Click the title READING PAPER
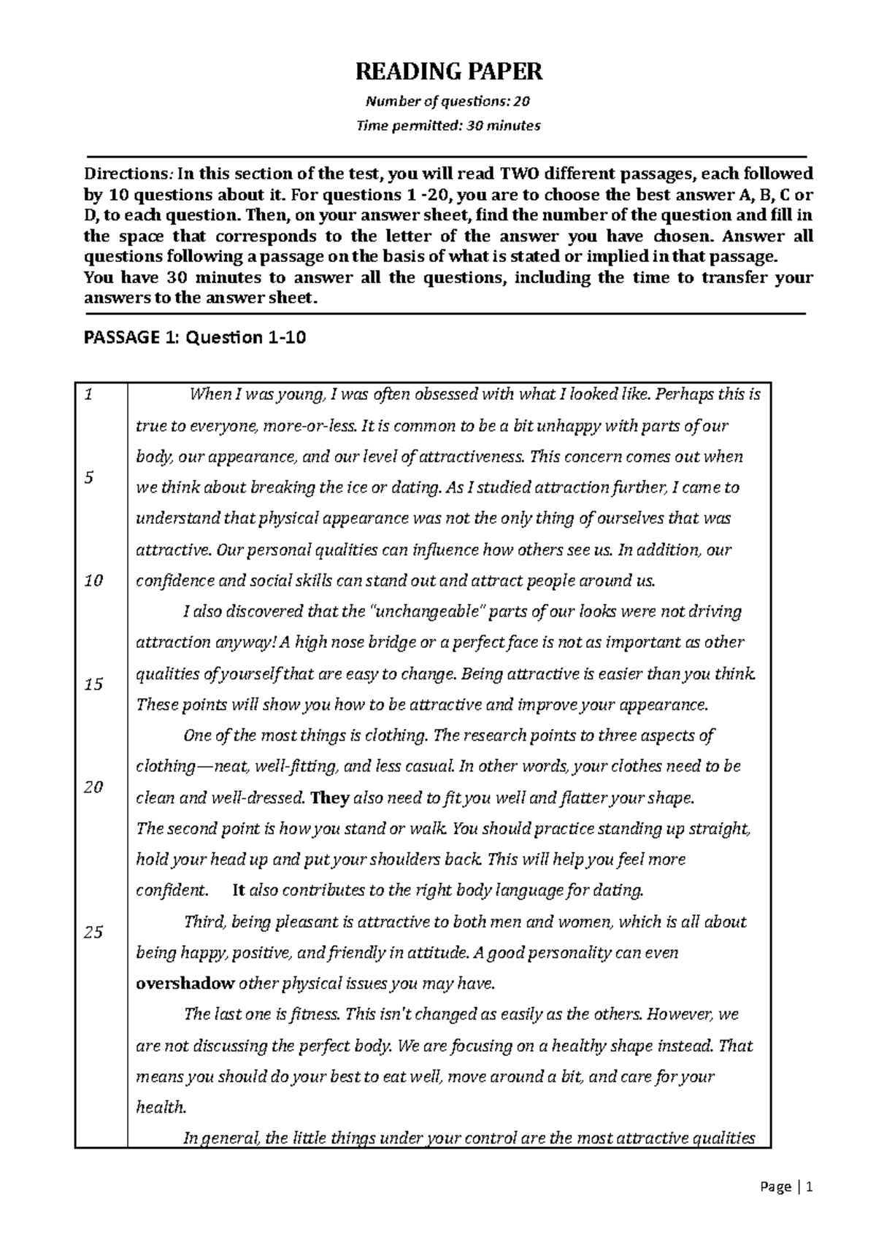pos(448,72)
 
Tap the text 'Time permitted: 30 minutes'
pos(448,126)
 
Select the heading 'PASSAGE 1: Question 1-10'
pos(195,337)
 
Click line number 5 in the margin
pos(88,477)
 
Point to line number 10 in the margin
pos(93,581)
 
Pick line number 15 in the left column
pos(93,684)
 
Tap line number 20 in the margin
pos(93,787)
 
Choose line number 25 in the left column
pos(93,932)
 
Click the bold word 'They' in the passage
pos(330,798)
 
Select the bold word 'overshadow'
pos(185,983)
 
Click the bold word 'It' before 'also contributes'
pos(238,890)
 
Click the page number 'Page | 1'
pos(785,1187)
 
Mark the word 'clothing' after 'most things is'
pos(396,736)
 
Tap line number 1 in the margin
pos(88,395)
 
